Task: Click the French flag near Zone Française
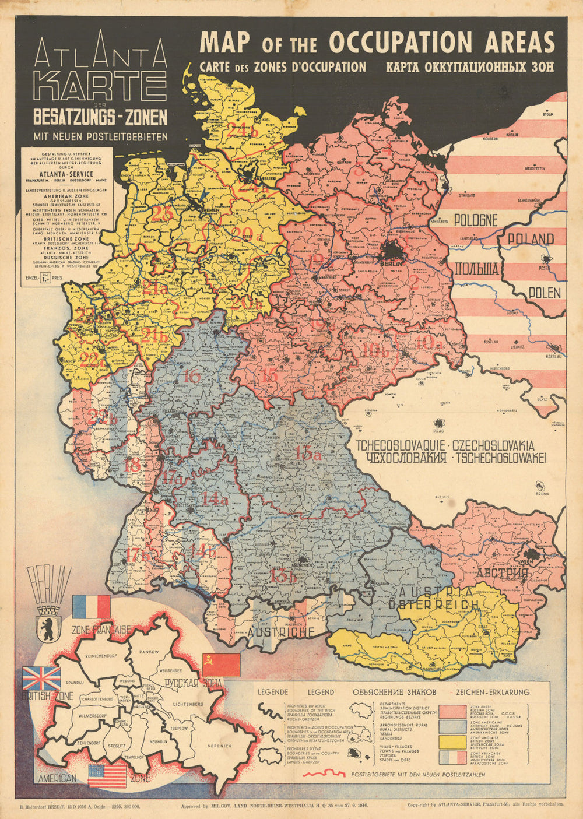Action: click(91, 607)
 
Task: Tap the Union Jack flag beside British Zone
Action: click(41, 679)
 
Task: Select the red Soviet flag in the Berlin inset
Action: click(221, 665)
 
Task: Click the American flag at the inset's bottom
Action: click(107, 776)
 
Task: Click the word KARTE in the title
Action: click(100, 86)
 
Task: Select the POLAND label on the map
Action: click(530, 239)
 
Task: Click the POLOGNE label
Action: click(476, 221)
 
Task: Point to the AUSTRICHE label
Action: click(282, 632)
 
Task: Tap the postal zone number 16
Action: click(191, 377)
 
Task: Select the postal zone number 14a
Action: click(215, 499)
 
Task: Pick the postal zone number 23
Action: click(163, 213)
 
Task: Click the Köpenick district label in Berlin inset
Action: click(218, 746)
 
